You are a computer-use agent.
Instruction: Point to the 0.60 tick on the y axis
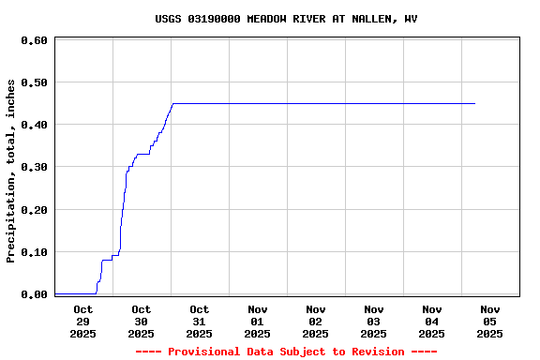tap(34, 40)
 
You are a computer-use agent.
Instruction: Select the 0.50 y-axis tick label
tap(34, 82)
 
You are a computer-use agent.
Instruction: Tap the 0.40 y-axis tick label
tap(34, 125)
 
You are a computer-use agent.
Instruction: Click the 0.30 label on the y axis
tap(34, 167)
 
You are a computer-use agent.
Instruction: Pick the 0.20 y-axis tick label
tap(34, 210)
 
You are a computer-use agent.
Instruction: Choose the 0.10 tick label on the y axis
tap(34, 252)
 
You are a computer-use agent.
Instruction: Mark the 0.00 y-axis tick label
tap(34, 294)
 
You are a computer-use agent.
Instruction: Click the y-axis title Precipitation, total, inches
tap(11, 171)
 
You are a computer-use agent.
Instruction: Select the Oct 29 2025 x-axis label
tap(82, 321)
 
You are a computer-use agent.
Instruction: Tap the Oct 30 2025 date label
tap(141, 321)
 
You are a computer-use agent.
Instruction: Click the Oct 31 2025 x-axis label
tap(199, 321)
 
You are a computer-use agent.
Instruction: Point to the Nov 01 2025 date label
tap(257, 321)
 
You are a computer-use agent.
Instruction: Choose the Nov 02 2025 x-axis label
tap(315, 321)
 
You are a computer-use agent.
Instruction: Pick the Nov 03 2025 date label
tap(373, 321)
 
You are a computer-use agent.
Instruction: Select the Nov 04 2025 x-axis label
tap(431, 321)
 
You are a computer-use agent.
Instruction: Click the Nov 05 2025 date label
tap(489, 321)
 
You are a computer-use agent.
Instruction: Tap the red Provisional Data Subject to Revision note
tap(286, 352)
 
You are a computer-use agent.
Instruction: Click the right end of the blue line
tap(475, 103)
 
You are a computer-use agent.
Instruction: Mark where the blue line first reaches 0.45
tap(172, 103)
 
